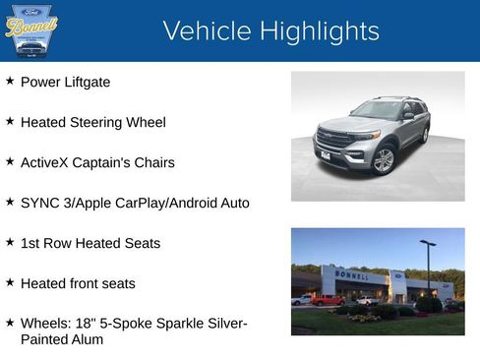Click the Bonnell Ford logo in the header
31,30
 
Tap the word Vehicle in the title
205,31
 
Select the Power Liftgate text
65,82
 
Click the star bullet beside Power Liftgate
10,81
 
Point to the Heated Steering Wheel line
92,122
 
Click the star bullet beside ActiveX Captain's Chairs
10,161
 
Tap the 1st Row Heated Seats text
90,243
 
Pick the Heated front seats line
78,283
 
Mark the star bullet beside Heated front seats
10,282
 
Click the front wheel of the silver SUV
383,160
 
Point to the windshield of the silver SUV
376,110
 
